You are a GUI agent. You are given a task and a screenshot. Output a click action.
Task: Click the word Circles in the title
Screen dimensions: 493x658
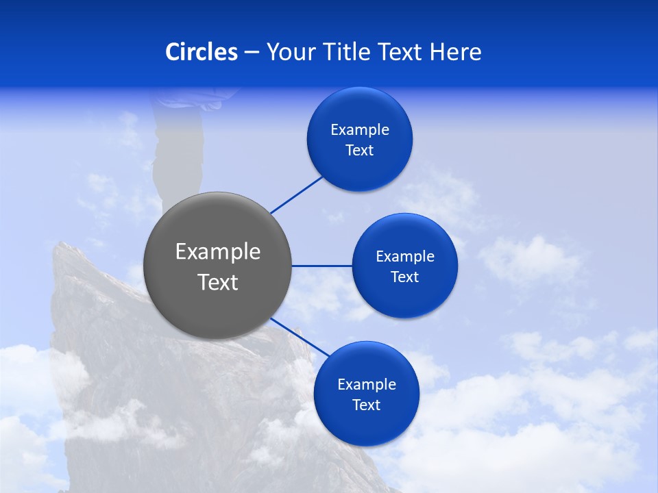click(x=202, y=52)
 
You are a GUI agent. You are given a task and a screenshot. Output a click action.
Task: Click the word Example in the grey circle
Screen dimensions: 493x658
click(x=218, y=252)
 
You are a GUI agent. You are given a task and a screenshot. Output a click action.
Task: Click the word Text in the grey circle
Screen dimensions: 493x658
click(x=218, y=282)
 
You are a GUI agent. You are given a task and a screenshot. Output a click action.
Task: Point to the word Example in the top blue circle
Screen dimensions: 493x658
click(x=360, y=130)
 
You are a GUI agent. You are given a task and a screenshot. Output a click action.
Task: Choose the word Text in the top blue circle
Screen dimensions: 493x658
click(x=360, y=151)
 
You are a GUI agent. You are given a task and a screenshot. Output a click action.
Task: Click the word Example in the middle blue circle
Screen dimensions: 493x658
click(x=405, y=257)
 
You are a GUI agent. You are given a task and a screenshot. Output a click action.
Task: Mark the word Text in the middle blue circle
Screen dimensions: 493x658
click(x=405, y=277)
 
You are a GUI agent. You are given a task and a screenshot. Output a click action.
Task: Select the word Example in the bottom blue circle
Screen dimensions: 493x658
click(x=367, y=385)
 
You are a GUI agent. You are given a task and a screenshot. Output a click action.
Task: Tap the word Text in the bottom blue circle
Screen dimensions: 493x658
click(x=367, y=405)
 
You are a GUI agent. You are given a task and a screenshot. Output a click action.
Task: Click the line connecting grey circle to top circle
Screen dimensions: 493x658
click(x=296, y=195)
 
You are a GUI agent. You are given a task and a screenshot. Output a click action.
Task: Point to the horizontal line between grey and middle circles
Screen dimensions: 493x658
click(x=322, y=266)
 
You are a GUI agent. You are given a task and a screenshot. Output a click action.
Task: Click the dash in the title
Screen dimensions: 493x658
click(x=252, y=53)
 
